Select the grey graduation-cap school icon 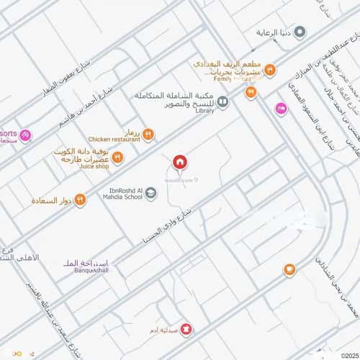(150, 193)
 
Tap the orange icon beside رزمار (148, 134)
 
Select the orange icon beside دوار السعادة (80, 199)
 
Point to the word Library (204, 111)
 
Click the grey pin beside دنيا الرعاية (301, 32)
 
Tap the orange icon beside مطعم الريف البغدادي (269, 70)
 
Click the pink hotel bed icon (281, 108)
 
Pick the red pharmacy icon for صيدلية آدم (187, 329)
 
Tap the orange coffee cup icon (289, 269)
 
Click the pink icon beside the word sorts (25, 135)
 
